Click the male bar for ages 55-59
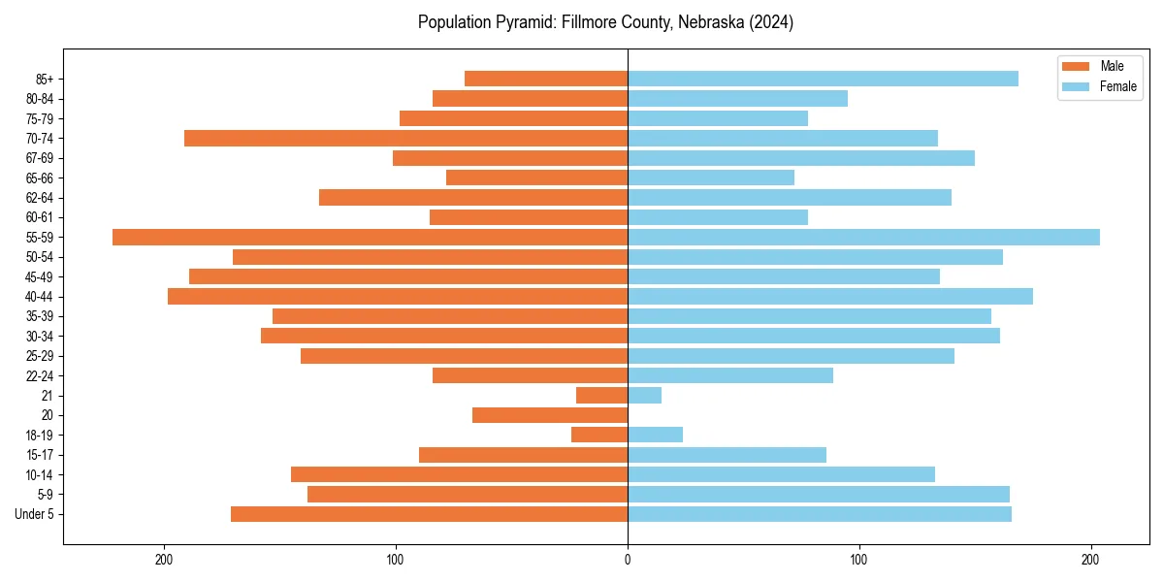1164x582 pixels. pyautogui.click(x=370, y=237)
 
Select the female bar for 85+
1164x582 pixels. pyautogui.click(x=823, y=79)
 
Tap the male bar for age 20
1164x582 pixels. pyautogui.click(x=550, y=415)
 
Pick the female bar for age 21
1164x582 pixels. pyautogui.click(x=645, y=395)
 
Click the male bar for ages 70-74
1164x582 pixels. pyautogui.click(x=405, y=138)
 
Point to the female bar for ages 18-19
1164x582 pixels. pyautogui.click(x=656, y=435)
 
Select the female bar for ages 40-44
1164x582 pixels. pyautogui.click(x=830, y=296)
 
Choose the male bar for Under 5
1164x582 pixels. pyautogui.click(x=429, y=514)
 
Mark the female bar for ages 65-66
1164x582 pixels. pyautogui.click(x=711, y=178)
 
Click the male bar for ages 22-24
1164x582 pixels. pyautogui.click(x=530, y=375)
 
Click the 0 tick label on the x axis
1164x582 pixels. pyautogui.click(x=628, y=559)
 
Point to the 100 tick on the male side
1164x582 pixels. pyautogui.click(x=396, y=559)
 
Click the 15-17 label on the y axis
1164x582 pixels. pyautogui.click(x=40, y=455)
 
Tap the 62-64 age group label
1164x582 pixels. pyautogui.click(x=40, y=197)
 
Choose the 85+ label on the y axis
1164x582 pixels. pyautogui.click(x=45, y=79)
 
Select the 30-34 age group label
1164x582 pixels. pyautogui.click(x=40, y=336)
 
